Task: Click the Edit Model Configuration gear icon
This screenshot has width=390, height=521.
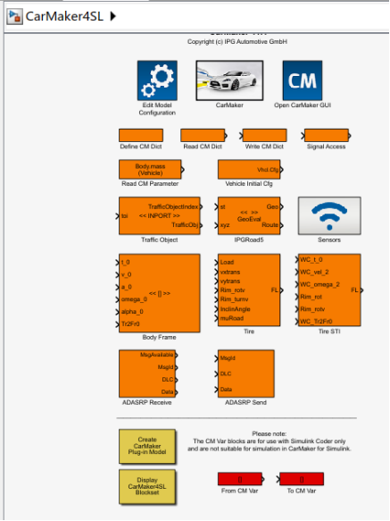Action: click(157, 80)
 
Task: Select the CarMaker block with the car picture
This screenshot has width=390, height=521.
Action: click(228, 80)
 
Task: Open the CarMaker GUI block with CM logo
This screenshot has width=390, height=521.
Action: click(302, 80)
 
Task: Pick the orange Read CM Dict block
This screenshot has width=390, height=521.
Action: click(203, 135)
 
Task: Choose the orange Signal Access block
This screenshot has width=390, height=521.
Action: click(327, 135)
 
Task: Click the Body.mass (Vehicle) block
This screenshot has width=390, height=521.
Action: click(150, 169)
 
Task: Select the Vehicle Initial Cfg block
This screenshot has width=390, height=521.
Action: click(249, 169)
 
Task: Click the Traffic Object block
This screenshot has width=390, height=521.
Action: click(160, 215)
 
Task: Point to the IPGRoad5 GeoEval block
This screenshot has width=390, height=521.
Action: click(249, 215)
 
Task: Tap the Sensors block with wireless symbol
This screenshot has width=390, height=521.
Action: click(328, 215)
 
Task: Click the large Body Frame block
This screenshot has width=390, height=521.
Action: click(160, 292)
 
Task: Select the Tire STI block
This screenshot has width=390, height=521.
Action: click(329, 291)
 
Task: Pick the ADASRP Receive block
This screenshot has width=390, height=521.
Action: click(149, 373)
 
